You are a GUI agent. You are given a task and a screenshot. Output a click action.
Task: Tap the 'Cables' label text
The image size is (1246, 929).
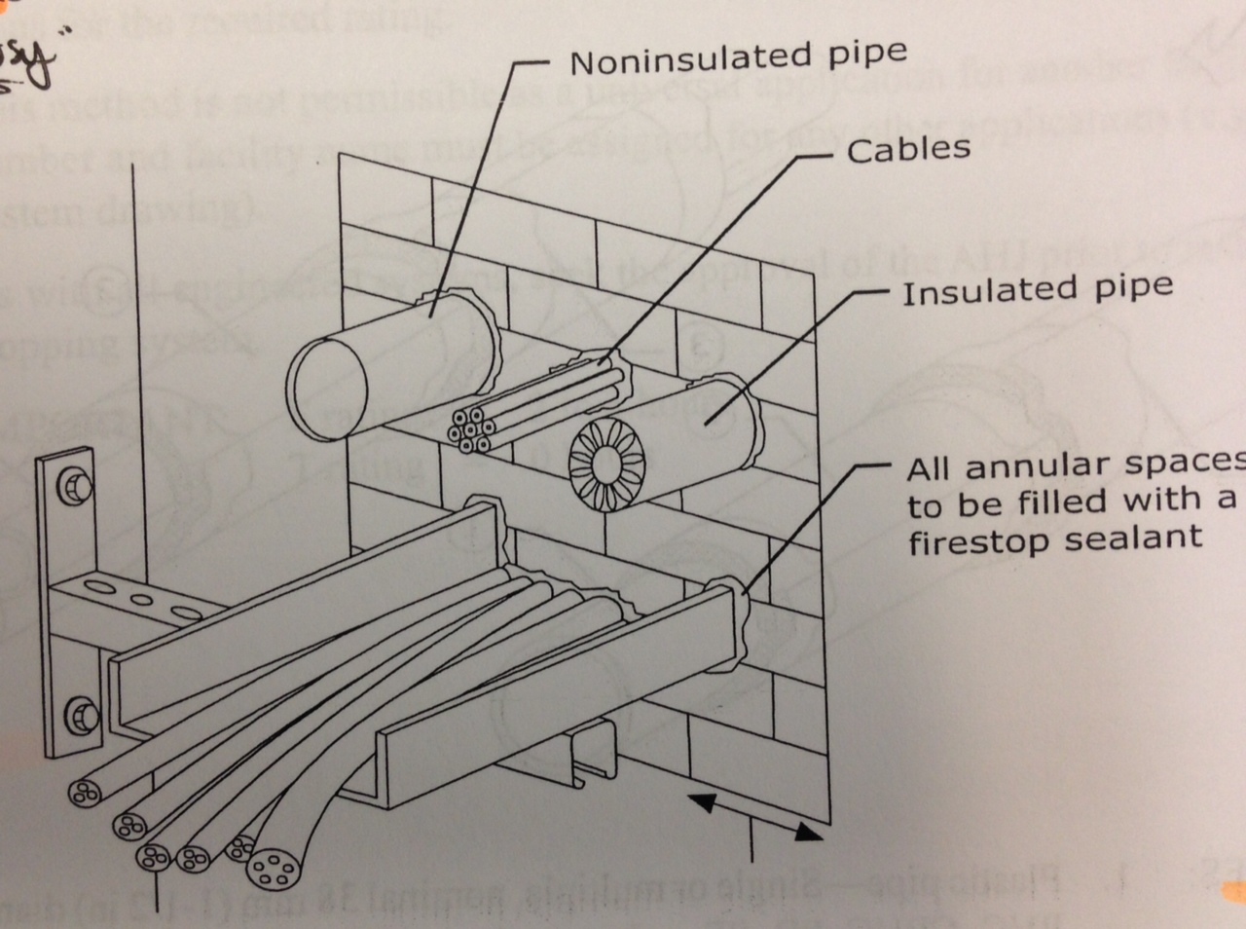908,150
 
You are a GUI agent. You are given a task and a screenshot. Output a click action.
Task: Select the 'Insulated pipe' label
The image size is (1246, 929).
1037,290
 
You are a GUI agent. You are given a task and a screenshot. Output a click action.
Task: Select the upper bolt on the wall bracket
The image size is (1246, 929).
74,485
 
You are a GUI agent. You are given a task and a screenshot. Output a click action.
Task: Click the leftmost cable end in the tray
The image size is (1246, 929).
82,791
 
